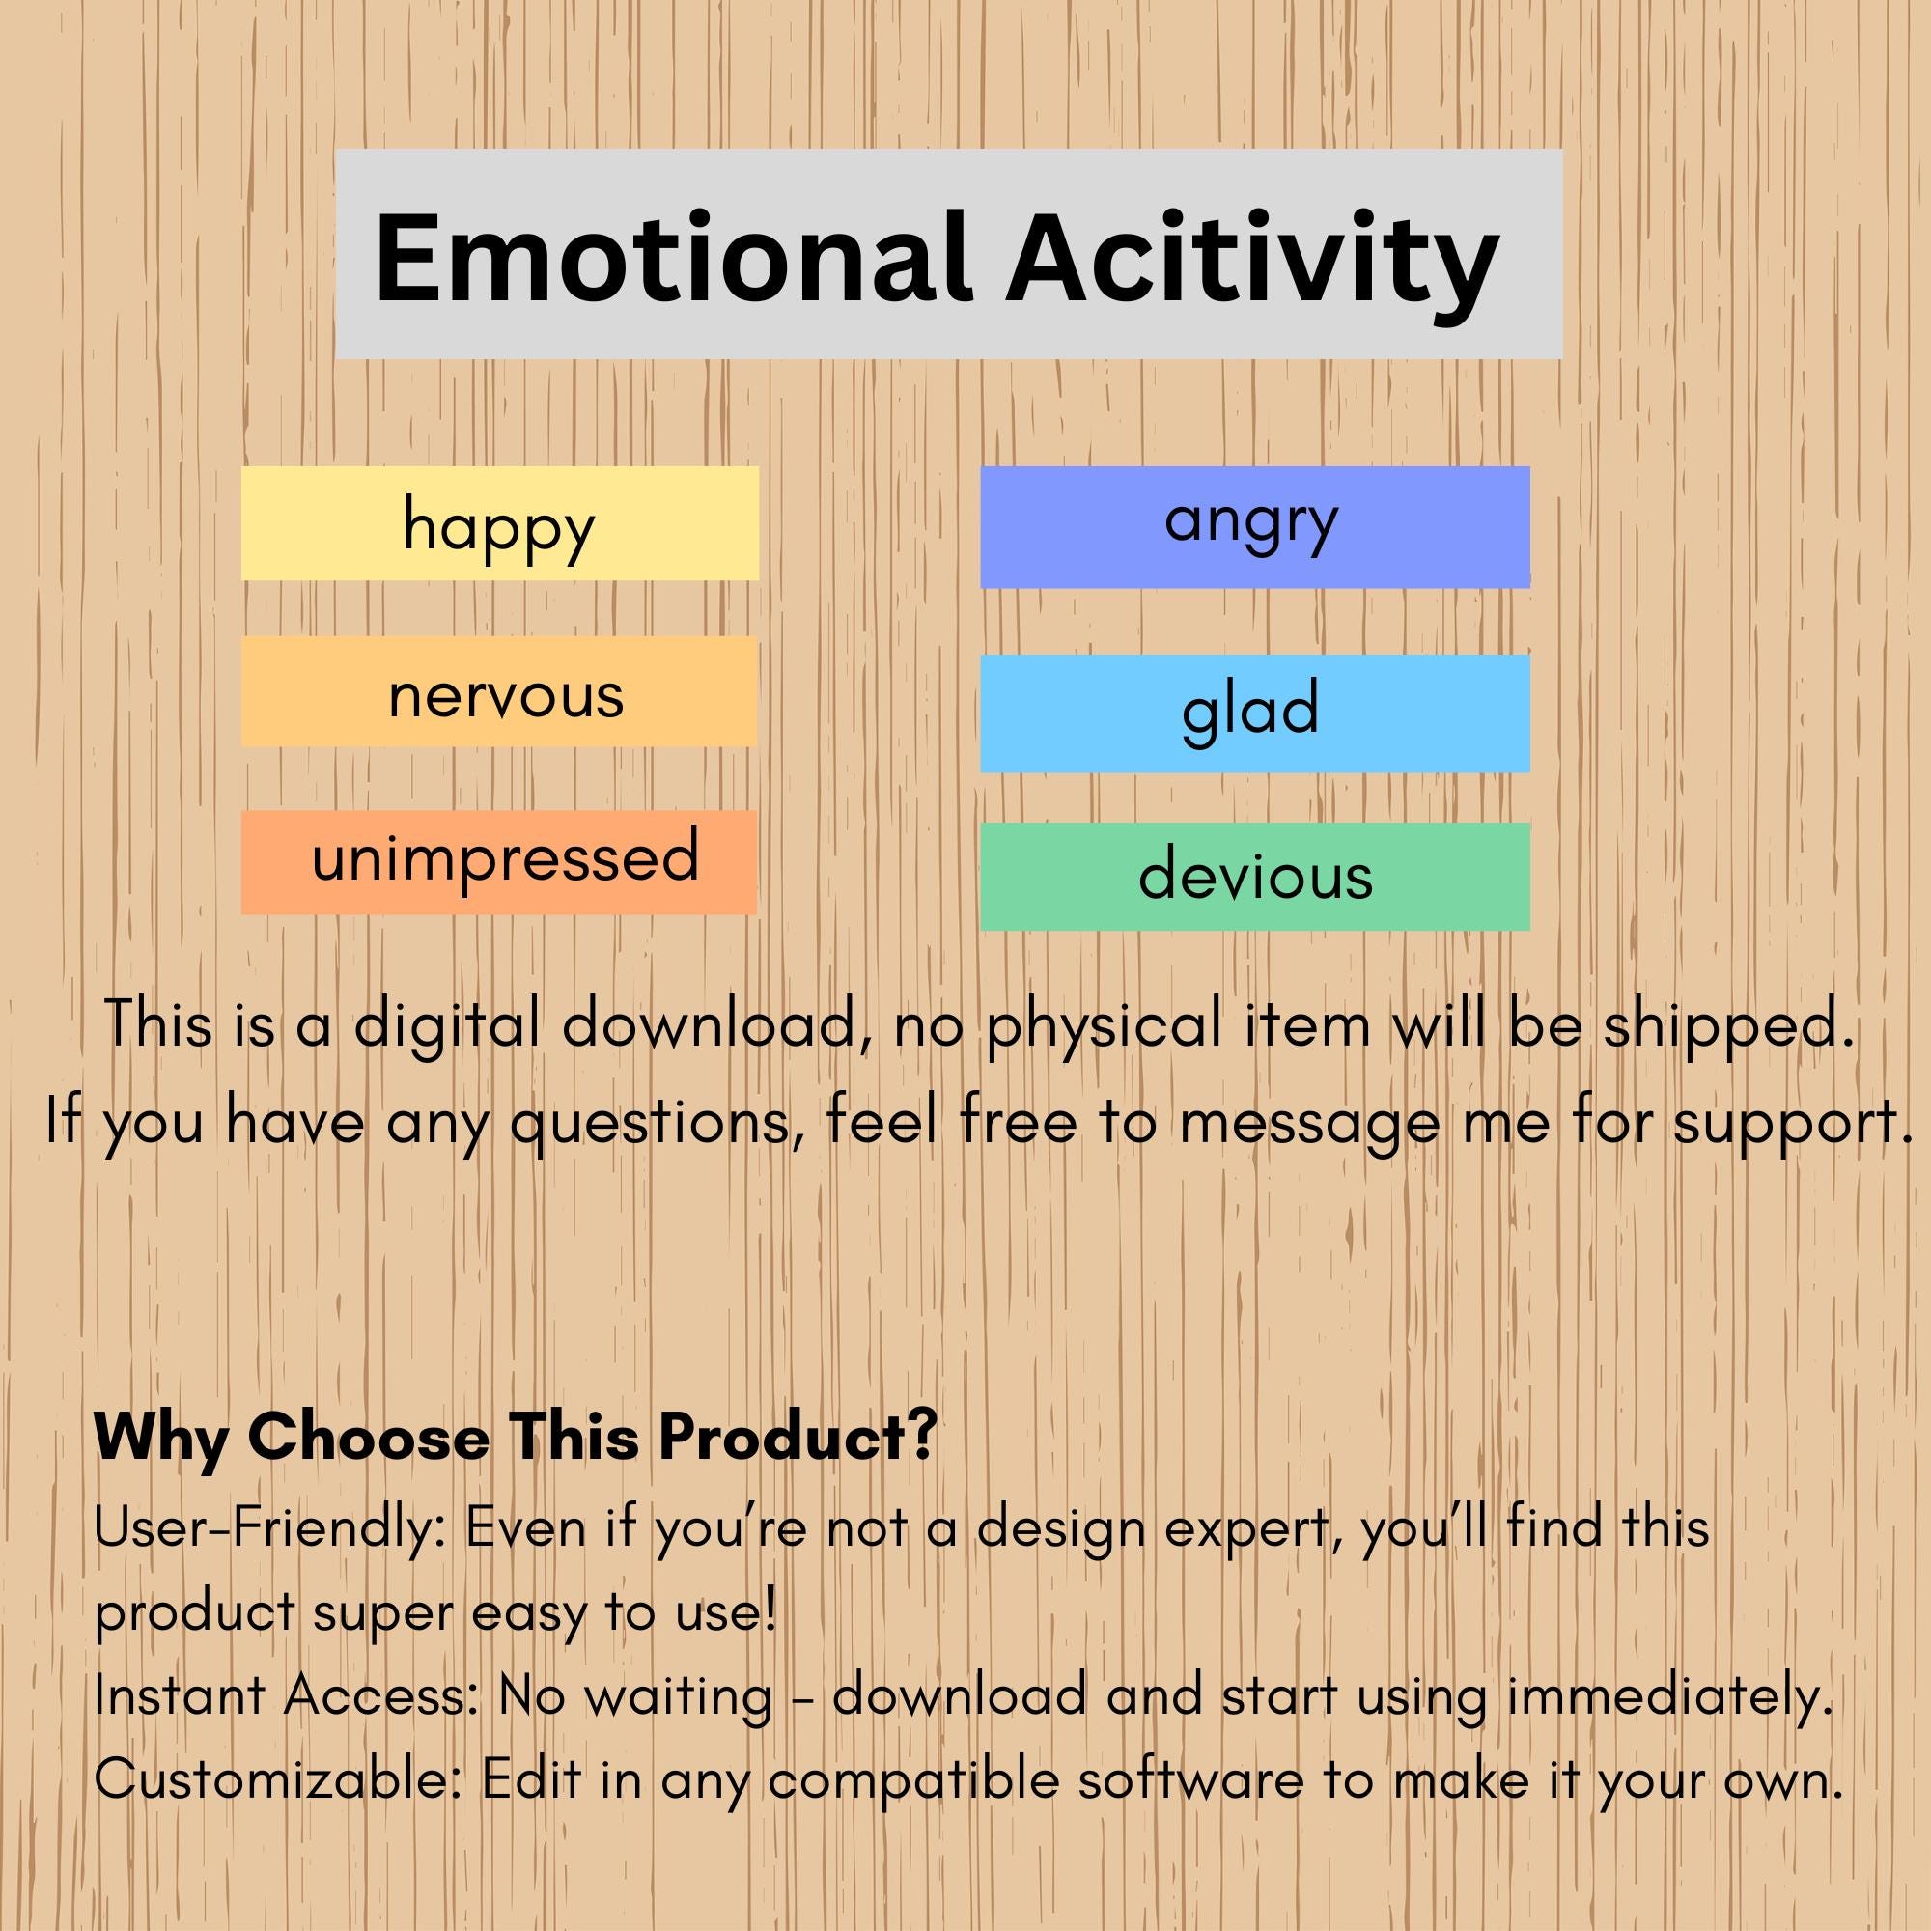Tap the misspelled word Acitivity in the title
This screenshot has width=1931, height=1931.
click(x=1251, y=258)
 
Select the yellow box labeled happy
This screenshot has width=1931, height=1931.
click(x=500, y=522)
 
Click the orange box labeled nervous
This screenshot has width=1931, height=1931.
click(x=500, y=692)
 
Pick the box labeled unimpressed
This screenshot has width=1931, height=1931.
click(x=500, y=861)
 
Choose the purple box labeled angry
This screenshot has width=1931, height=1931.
click(x=1254, y=527)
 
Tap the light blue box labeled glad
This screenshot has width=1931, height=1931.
click(x=1254, y=713)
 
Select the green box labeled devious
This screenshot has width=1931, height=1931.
click(x=1254, y=877)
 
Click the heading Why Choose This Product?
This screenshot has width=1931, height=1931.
click(x=515, y=1438)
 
